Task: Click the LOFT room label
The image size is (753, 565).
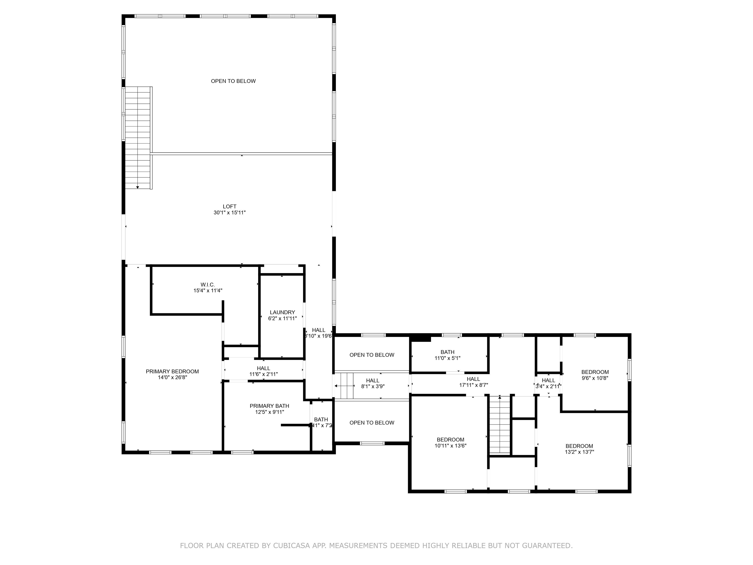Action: pos(229,206)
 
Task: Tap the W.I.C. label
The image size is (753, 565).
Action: pos(207,285)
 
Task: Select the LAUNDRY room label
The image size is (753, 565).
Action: pos(282,312)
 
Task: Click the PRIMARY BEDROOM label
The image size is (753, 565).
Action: pos(172,372)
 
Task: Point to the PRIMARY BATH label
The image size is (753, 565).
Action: pos(269,406)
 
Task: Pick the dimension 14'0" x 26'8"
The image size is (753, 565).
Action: pos(172,378)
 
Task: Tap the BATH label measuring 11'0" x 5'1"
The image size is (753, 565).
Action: pos(447,352)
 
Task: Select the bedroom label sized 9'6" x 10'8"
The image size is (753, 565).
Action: pos(595,372)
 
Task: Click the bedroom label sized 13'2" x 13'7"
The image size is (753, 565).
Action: pos(579,446)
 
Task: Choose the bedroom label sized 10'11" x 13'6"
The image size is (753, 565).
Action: pos(450,440)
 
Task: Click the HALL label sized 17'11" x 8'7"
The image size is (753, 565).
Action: pos(473,379)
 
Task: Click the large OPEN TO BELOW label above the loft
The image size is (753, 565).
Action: pos(233,81)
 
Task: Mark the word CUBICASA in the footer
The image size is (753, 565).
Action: pos(291,546)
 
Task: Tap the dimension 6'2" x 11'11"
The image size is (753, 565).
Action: pos(282,319)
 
